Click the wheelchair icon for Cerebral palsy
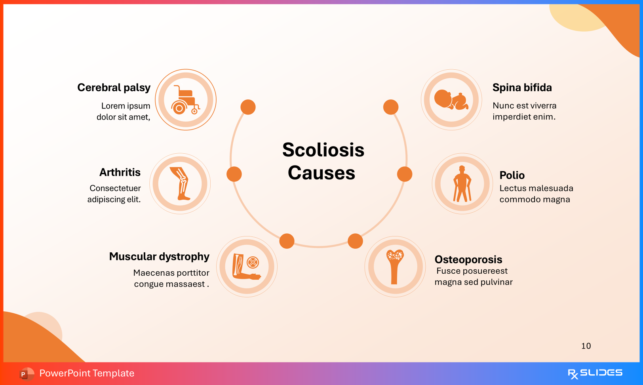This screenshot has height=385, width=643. coord(185,100)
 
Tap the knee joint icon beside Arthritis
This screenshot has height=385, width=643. coord(180,184)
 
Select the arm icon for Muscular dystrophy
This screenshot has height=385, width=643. coord(247,267)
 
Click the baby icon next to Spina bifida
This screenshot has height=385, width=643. coord(451,100)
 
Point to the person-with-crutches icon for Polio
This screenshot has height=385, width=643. coord(462,184)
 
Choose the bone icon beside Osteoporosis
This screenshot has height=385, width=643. coord(395,267)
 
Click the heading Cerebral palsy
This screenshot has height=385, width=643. coord(114,88)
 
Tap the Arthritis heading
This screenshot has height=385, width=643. coord(120,172)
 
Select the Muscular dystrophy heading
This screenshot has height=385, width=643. coord(159,257)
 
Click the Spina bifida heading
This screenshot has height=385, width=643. coord(522,88)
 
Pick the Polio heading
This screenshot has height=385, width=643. coord(512,175)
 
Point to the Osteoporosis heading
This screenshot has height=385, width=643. coord(468,259)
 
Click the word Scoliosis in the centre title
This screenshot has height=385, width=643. coord(323,150)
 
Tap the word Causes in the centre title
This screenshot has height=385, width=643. coord(321,173)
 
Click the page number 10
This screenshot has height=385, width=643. coord(586,346)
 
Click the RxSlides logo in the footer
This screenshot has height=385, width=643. coord(595,373)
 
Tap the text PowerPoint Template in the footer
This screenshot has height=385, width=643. coord(87,373)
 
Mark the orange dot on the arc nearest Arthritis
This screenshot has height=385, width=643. coord(234,174)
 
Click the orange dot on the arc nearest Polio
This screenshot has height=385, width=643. coord(404,174)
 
